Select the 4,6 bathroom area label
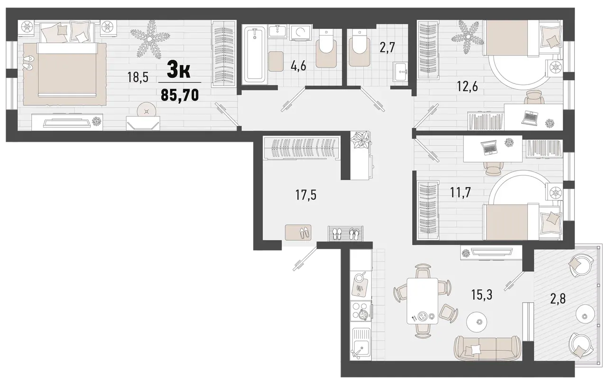click(298, 65)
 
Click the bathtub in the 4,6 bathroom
click(255, 53)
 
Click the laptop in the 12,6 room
click(531, 116)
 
